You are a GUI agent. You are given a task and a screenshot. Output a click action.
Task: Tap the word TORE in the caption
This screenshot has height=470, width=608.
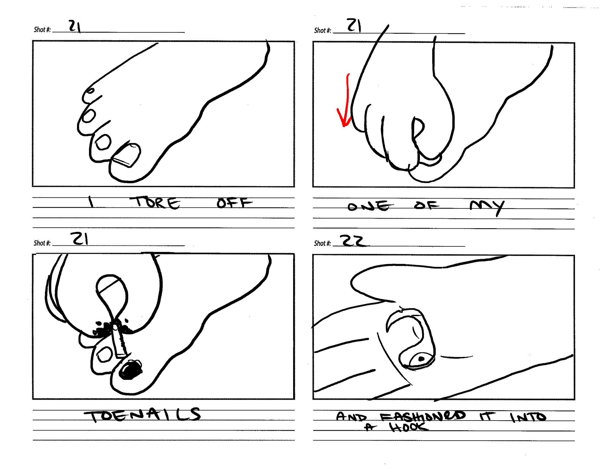tap(155, 202)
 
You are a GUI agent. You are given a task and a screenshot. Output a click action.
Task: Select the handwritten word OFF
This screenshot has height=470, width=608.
tap(234, 203)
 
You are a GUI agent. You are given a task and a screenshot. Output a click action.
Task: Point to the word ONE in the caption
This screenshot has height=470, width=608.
tap(370, 206)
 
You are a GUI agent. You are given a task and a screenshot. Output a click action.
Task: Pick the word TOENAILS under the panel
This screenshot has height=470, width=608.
tap(142, 415)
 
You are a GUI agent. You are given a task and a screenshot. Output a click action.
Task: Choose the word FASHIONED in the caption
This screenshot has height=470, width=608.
tap(423, 416)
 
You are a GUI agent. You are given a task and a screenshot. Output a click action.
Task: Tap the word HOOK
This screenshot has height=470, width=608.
tap(408, 428)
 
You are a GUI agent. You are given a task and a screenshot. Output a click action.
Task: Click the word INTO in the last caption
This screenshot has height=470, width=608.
tap(528, 417)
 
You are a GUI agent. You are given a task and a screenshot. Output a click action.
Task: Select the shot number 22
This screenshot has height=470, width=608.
tap(354, 241)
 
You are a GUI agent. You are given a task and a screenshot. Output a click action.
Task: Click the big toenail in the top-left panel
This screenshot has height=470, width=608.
tap(127, 155)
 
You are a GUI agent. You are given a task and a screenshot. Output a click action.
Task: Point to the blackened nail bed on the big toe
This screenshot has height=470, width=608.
tap(130, 370)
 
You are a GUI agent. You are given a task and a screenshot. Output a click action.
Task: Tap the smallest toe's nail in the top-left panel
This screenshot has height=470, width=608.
tap(90, 91)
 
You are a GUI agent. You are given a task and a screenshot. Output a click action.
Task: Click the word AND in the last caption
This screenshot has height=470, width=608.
tap(351, 416)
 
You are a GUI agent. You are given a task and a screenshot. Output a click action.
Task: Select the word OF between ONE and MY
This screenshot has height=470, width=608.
tap(427, 205)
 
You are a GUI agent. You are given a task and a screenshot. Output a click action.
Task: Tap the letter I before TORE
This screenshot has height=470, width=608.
tap(91, 202)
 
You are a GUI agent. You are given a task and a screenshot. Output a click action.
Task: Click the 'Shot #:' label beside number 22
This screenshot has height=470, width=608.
tap(322, 243)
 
